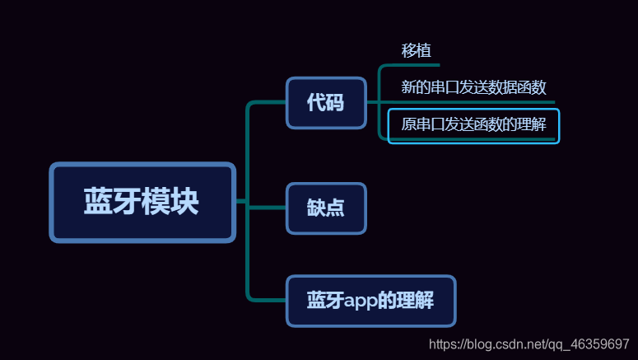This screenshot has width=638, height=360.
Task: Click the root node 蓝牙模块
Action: (142, 202)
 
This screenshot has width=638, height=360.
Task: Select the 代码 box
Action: (326, 103)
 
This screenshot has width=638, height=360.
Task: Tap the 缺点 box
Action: (326, 208)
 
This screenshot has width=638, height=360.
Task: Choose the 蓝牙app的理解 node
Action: (370, 301)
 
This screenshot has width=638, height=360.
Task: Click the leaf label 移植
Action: (416, 49)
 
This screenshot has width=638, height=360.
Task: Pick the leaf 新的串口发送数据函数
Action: (473, 87)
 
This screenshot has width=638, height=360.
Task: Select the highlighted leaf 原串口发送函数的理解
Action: (473, 126)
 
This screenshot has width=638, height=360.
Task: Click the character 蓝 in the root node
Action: (98, 202)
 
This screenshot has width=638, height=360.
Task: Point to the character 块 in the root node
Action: (186, 202)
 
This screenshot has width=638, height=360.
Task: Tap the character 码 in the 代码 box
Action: (335, 103)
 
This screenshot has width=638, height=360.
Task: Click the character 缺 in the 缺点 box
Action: (316, 208)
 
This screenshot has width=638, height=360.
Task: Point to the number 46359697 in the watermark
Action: (601, 344)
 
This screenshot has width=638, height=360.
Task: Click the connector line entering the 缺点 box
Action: (268, 208)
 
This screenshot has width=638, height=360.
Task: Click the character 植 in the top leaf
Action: (424, 49)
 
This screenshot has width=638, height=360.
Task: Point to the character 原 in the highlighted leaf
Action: (408, 126)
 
